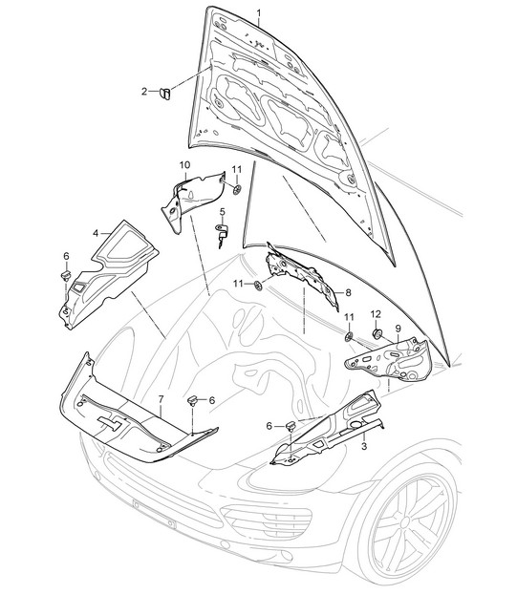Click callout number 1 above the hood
coord(259,14)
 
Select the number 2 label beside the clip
coord(144,92)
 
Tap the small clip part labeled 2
coord(165,93)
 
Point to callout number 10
coord(184,165)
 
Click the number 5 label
coord(222,211)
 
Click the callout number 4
coord(96,233)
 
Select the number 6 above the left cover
coord(67,256)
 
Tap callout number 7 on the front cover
coord(161,399)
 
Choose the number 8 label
coord(348,292)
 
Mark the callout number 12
coord(376,314)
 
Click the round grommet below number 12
coord(377,334)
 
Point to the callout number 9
coord(398,328)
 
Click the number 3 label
coord(364,446)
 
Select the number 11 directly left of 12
coord(349,317)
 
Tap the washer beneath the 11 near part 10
coord(237,189)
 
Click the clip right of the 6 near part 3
coord(291,427)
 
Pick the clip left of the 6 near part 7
coord(194,400)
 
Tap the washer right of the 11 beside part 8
coord(258,285)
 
